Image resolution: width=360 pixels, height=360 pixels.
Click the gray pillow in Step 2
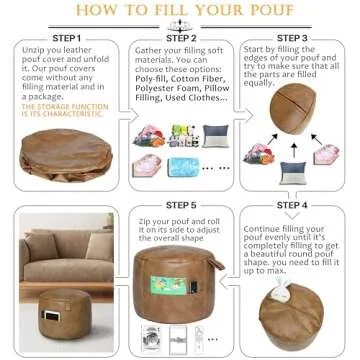[x=216, y=136]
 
